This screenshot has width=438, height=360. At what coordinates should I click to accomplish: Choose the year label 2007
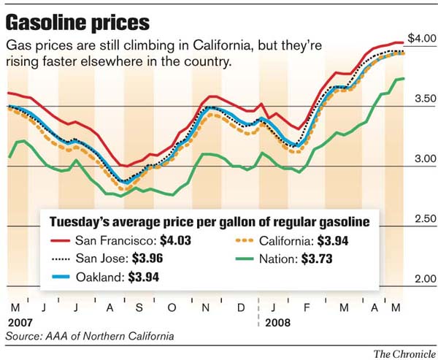point(20,323)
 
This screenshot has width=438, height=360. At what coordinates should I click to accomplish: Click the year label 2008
point(277,323)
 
